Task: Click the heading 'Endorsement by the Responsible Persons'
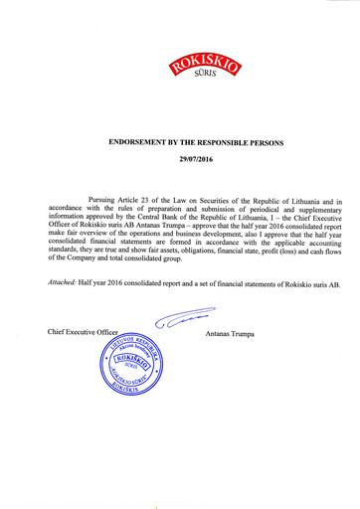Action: coord(195,143)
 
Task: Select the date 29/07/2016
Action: coord(195,159)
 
